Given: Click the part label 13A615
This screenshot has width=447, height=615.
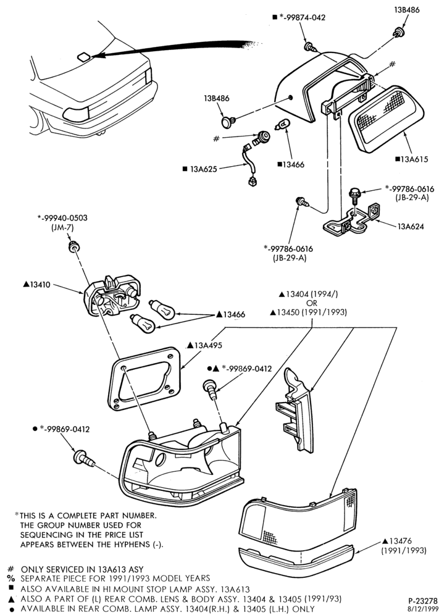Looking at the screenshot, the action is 414,159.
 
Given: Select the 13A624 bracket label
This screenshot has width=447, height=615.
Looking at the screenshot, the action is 411,227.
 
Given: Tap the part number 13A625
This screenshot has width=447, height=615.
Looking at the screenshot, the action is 204,169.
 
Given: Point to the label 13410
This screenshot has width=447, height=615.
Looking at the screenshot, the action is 40,285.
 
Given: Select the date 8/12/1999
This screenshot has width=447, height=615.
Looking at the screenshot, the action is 424,608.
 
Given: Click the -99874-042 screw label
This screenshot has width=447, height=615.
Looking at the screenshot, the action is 301,18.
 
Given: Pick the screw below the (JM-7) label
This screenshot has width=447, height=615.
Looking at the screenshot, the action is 73,246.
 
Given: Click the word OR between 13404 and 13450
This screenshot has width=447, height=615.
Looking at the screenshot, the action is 312,303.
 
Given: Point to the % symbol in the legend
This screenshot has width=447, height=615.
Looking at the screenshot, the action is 10,578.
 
